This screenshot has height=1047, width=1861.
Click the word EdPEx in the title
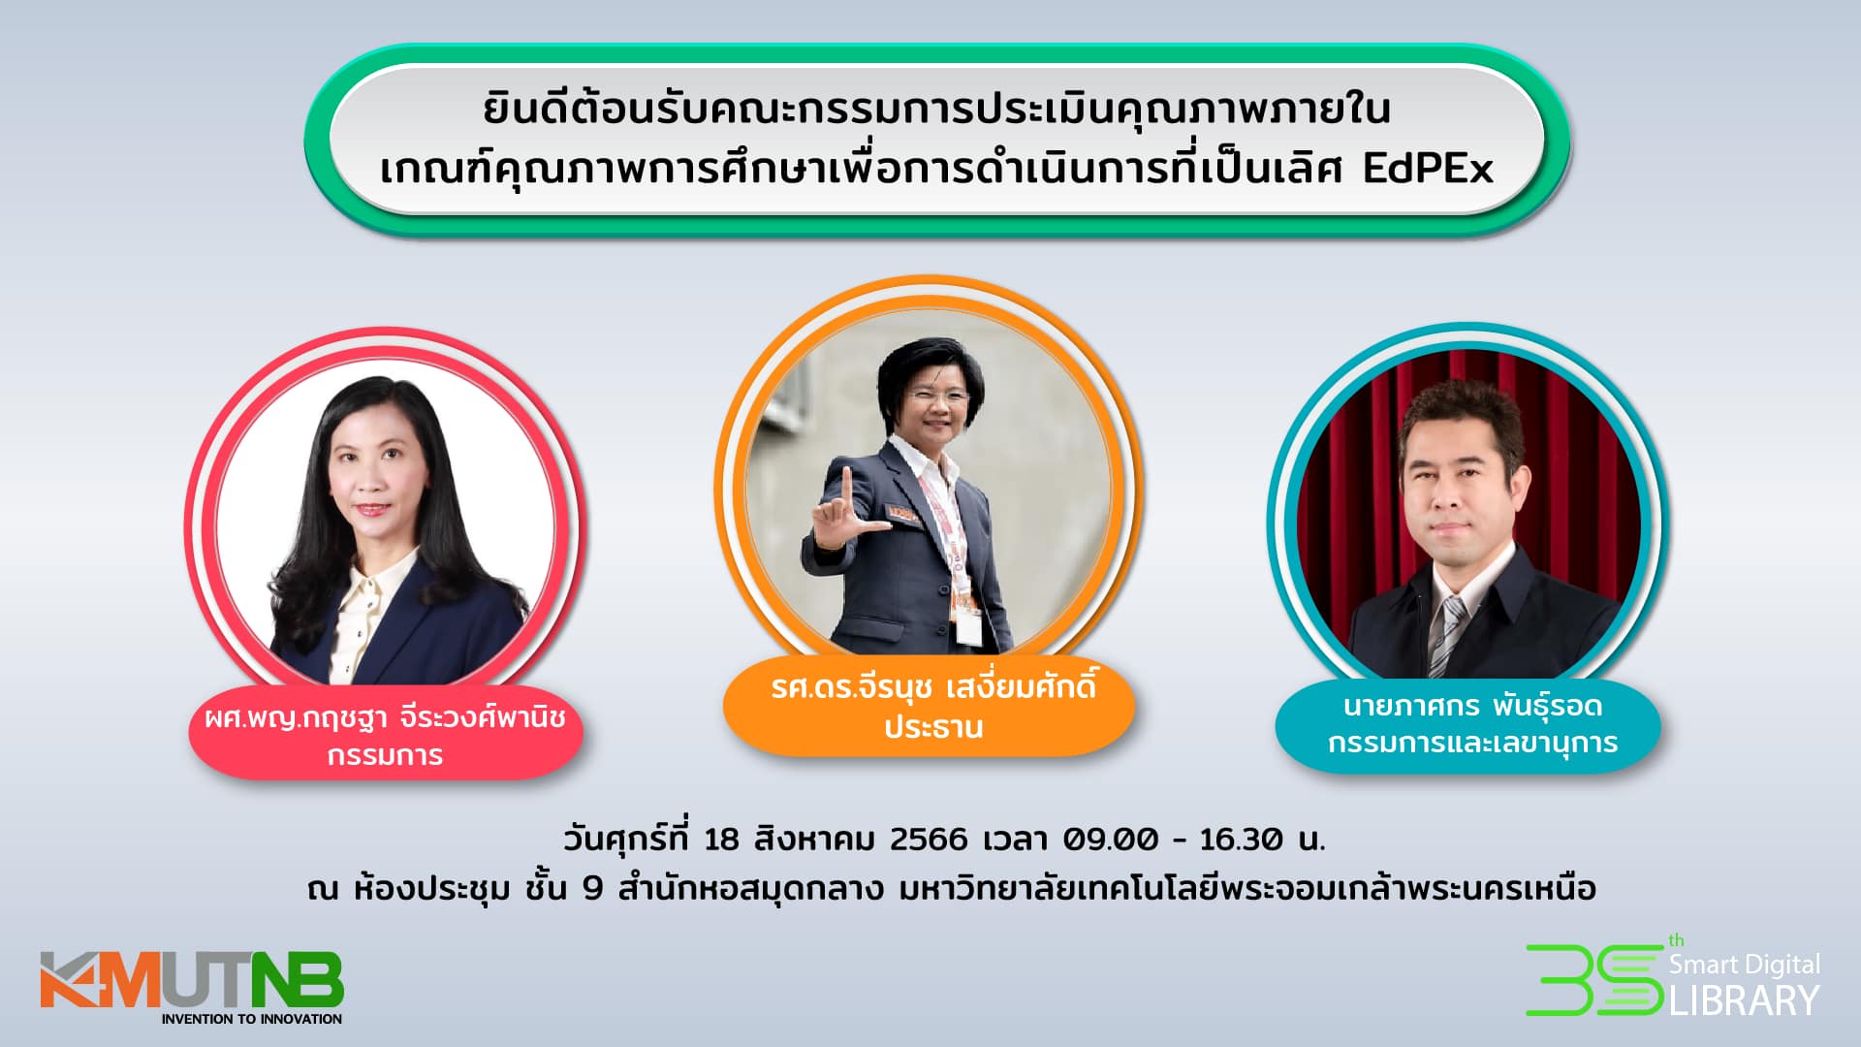pos(1428,169)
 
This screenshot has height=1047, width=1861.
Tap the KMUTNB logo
pos(192,988)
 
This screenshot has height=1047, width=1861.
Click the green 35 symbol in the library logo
pos(1594,980)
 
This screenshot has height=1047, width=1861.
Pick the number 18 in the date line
pos(722,839)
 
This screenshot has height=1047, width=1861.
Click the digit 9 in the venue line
pos(593,888)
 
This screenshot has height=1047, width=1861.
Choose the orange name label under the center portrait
pos(929,707)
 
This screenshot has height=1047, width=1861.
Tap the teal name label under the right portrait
pos(1468,724)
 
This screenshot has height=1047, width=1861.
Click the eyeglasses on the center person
pos(937,397)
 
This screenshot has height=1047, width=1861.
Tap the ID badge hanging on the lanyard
pos(966,627)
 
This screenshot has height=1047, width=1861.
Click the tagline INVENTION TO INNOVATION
pos(252,1019)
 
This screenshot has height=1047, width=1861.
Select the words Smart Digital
pos(1745,965)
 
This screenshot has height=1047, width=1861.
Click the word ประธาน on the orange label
pos(933,727)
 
